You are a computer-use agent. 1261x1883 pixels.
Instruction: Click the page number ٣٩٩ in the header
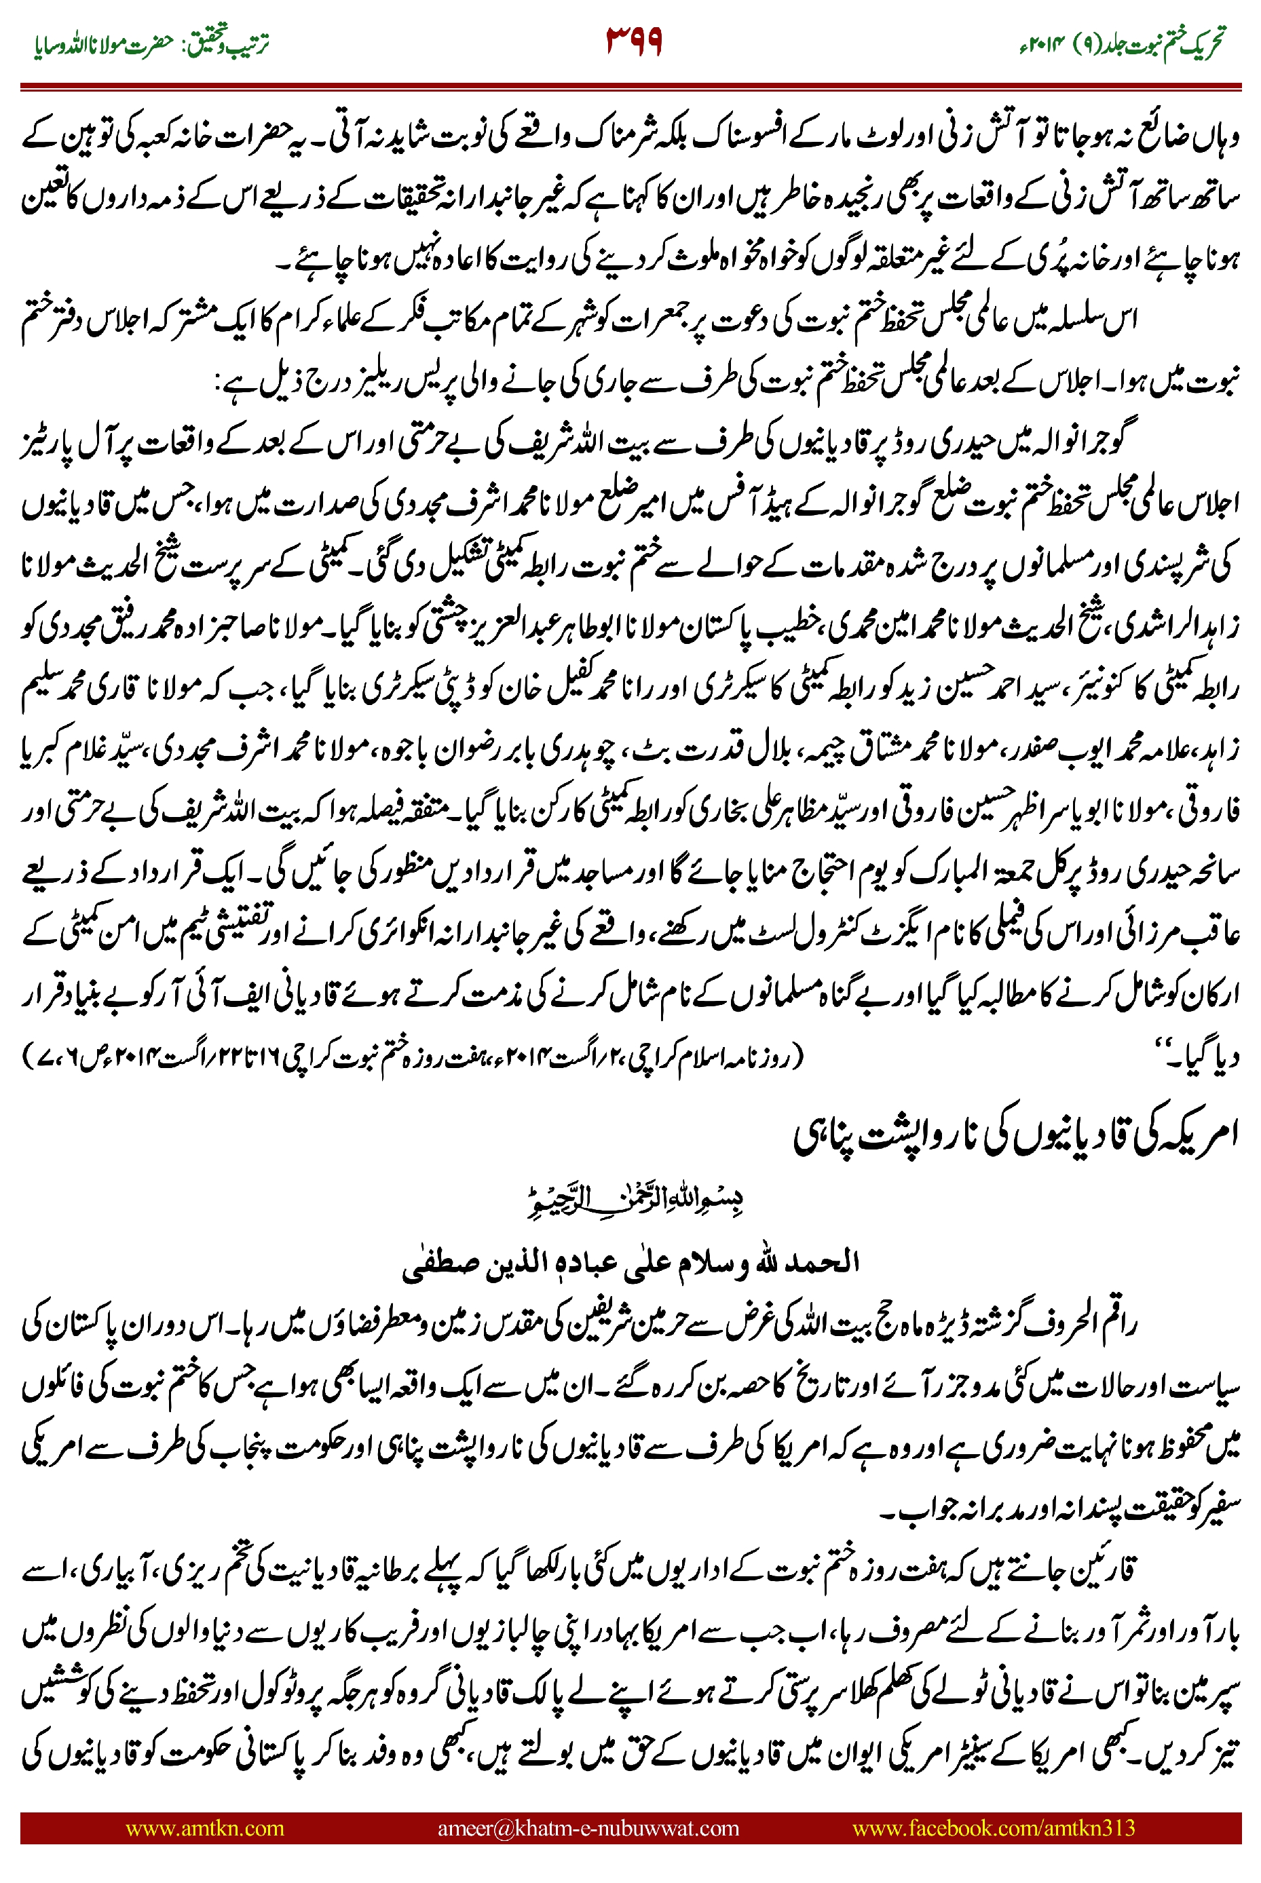(x=634, y=42)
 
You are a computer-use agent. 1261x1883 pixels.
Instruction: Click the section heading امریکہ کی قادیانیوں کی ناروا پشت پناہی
(x=1015, y=1135)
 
